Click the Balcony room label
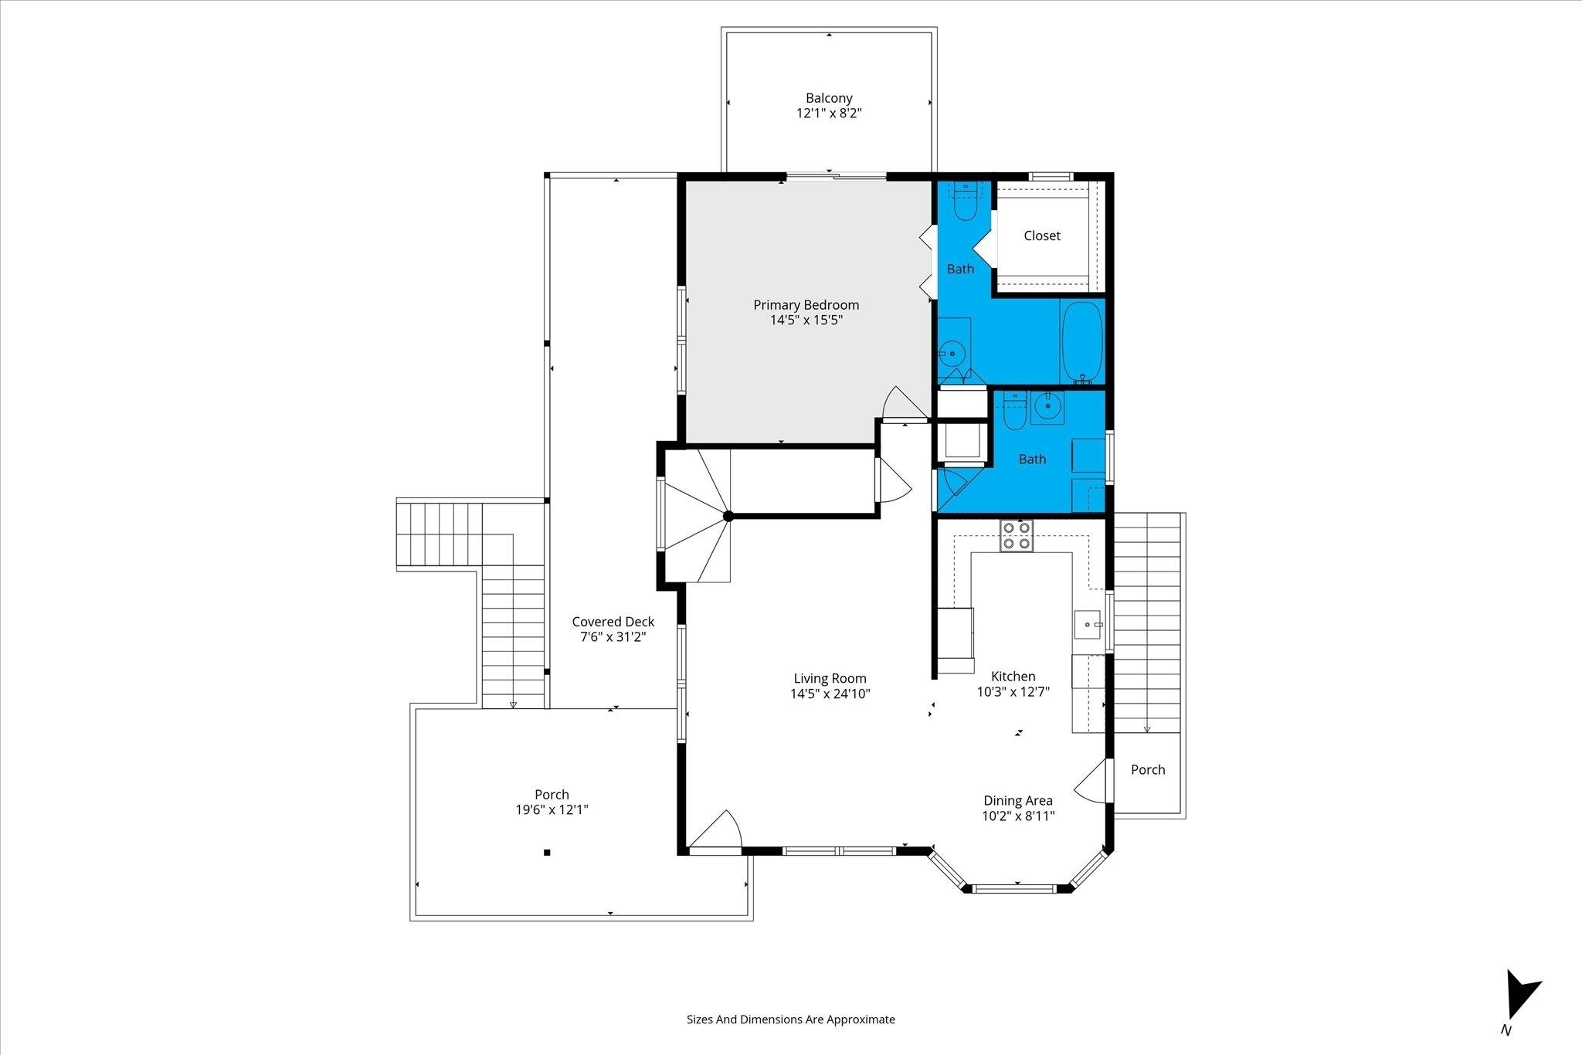829,98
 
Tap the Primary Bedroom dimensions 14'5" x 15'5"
806,320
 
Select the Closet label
1042,236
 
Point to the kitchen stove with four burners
1017,535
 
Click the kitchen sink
1088,624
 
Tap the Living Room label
830,679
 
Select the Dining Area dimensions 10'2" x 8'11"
1018,816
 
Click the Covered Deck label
613,622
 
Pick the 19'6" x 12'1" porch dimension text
552,809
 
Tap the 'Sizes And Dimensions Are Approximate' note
791,1019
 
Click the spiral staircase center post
728,516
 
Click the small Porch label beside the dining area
1148,769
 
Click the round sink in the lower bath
1047,405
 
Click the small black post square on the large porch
547,853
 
